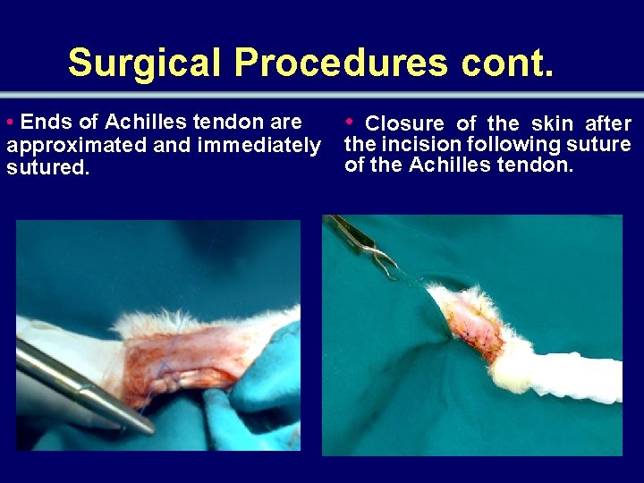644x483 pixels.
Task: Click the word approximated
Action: point(77,145)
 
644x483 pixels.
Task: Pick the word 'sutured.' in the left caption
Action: point(48,167)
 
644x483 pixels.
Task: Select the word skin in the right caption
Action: point(553,123)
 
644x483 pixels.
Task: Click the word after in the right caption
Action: point(608,123)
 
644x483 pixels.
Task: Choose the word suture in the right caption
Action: point(601,144)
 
